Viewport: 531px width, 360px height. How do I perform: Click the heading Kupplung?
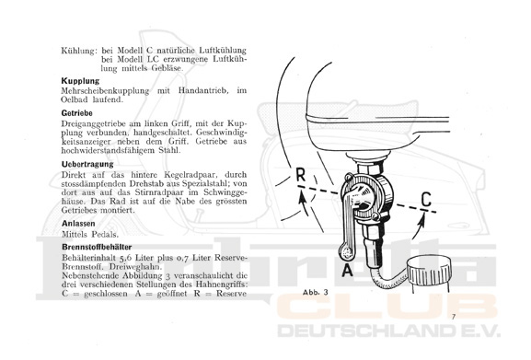coord(80,81)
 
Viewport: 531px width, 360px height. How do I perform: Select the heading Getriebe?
coord(77,113)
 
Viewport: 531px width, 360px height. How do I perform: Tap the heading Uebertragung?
coord(87,164)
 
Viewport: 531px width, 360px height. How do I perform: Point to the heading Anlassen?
coord(78,224)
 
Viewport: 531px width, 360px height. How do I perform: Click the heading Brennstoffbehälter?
coord(97,247)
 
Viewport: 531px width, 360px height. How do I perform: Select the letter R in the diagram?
coord(300,176)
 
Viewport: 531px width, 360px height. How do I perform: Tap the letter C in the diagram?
coord(426,199)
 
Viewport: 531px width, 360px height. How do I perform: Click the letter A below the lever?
coord(347,271)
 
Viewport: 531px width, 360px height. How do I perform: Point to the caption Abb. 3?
coord(316,292)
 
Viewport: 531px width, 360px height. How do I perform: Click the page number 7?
coord(454,317)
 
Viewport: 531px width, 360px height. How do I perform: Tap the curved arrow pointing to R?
coord(304,203)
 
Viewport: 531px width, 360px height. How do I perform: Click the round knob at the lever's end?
coord(346,251)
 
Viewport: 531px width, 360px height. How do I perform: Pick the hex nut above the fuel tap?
coord(371,167)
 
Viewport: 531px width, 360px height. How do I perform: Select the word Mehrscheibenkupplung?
coord(105,91)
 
